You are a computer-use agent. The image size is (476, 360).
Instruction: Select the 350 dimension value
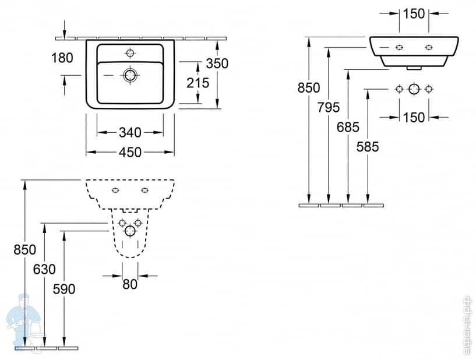[x=217, y=63]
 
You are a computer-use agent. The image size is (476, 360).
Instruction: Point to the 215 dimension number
[x=198, y=83]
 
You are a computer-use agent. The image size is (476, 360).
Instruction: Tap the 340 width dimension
[x=130, y=133]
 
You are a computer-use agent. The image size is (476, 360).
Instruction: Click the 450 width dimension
[x=130, y=152]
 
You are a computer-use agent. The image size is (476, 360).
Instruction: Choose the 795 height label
[x=329, y=107]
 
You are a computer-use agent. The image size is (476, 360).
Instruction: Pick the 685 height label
[x=348, y=127]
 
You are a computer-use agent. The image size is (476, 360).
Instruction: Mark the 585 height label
[x=367, y=146]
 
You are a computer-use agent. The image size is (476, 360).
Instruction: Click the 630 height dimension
[x=44, y=269]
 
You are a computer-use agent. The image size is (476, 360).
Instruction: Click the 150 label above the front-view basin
[x=414, y=14]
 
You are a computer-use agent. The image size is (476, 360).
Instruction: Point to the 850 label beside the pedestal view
[x=25, y=249]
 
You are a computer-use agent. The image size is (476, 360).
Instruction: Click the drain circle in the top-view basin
[x=130, y=75]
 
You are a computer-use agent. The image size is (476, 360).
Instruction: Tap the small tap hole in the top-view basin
[x=130, y=53]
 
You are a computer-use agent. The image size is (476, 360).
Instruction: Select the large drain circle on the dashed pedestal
[x=130, y=232]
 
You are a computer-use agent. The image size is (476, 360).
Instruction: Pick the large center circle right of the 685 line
[x=414, y=89]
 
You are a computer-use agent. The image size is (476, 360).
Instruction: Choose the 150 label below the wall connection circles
[x=414, y=117]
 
